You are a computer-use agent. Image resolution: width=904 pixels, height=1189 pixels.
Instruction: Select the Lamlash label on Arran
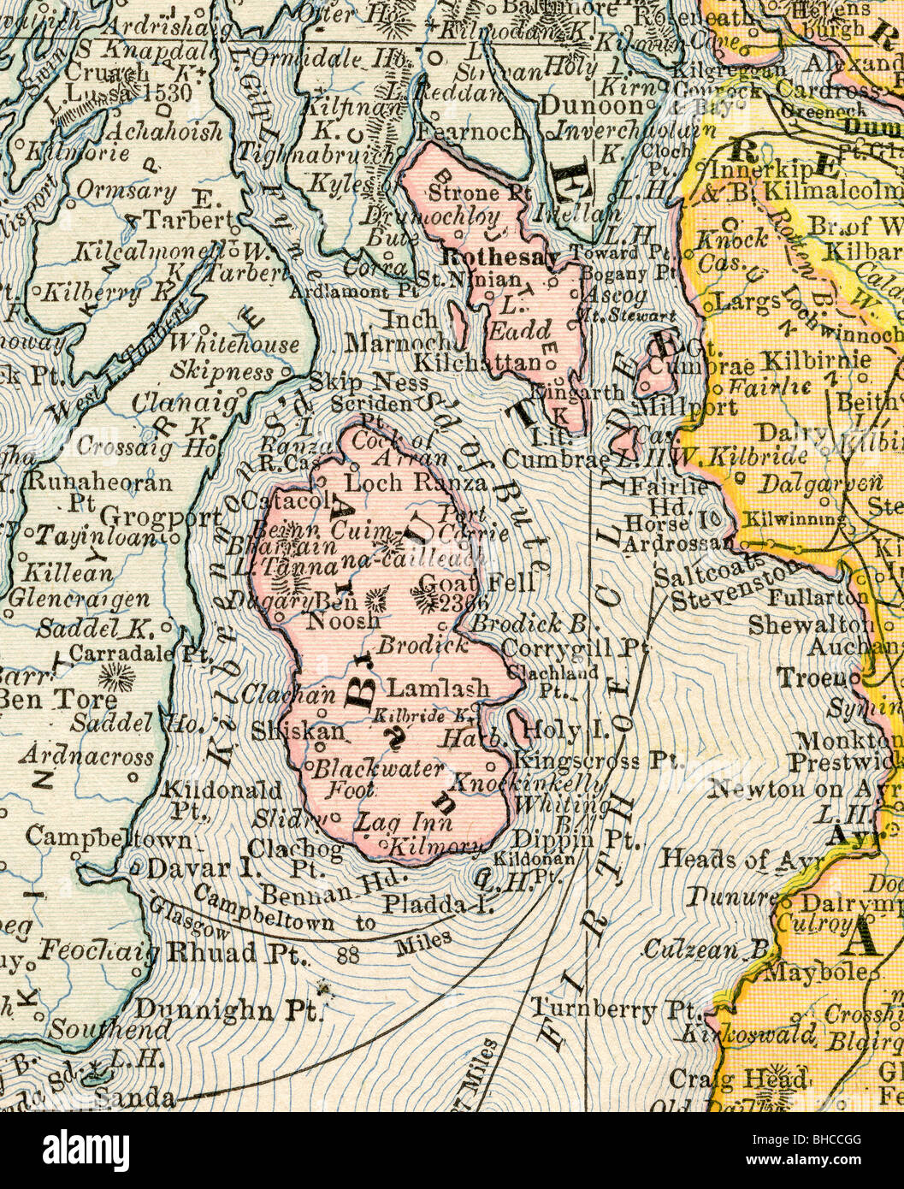[x=439, y=687]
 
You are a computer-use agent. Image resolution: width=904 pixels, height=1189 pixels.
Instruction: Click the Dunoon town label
[x=591, y=106]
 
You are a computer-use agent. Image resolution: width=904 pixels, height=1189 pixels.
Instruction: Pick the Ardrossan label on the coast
[x=677, y=543]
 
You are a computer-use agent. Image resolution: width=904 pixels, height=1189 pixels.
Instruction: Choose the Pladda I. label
[x=439, y=903]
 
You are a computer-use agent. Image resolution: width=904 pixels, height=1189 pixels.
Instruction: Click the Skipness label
[x=222, y=371]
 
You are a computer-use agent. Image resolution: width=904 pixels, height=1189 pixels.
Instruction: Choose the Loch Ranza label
[x=417, y=482]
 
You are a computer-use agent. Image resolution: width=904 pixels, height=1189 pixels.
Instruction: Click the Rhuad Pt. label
[x=226, y=951]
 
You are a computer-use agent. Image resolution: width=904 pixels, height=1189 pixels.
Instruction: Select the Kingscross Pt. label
[x=591, y=759]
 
